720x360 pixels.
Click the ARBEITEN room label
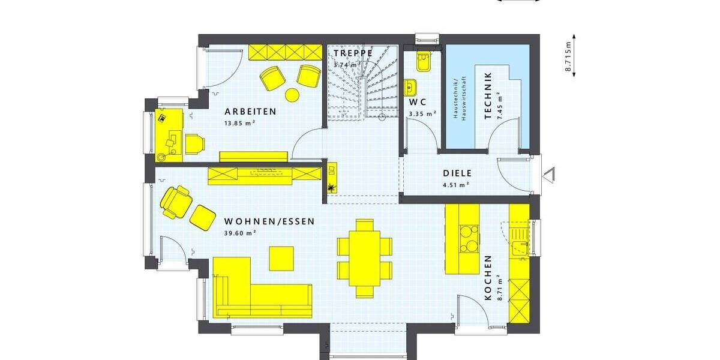250,112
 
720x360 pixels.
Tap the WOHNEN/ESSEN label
269,221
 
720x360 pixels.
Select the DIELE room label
458,173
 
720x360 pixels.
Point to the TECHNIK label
488,96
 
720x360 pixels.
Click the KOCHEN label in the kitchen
488,277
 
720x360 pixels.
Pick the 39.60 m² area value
240,233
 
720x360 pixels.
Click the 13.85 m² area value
240,123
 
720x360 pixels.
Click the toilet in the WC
424,62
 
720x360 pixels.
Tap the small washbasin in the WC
412,88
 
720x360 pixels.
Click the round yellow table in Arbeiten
292,94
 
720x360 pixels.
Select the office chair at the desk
194,143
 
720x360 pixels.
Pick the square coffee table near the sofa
281,258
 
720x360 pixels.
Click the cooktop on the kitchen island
468,238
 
